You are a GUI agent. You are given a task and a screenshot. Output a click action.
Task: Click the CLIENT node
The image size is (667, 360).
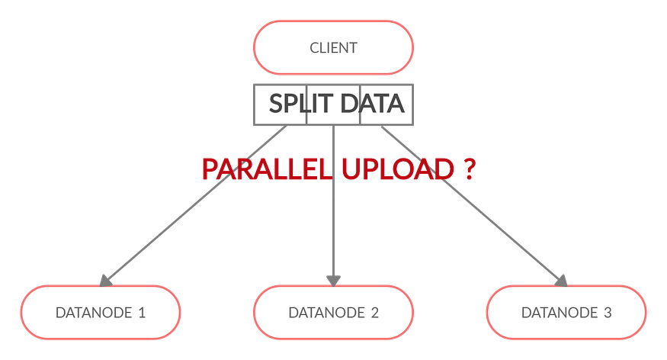pos(334,47)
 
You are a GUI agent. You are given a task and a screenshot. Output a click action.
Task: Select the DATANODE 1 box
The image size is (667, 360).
pos(101,312)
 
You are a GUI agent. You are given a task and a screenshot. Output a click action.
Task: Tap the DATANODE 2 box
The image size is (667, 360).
pos(334,312)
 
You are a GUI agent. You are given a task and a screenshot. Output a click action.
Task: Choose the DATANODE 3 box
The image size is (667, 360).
pos(566,312)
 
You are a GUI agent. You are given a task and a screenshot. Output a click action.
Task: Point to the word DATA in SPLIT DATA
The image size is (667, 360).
pos(373,103)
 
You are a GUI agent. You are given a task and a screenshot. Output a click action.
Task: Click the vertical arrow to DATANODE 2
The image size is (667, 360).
pos(334,229)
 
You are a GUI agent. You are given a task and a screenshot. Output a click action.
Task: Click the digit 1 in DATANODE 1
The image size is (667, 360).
pos(141,313)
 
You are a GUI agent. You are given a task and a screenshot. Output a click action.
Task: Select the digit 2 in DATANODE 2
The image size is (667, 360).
pos(374,313)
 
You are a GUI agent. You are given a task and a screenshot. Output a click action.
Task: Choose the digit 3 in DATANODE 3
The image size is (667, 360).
pos(608,313)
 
